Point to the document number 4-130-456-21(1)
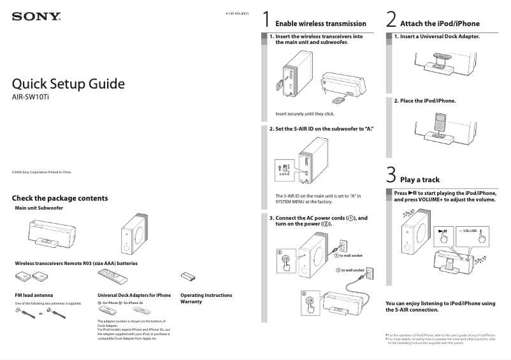[x=237, y=13]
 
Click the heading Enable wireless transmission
[x=320, y=24]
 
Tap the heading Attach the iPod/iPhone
[x=440, y=24]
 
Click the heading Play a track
[x=420, y=180]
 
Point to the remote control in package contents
[x=115, y=277]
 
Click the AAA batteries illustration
[x=188, y=277]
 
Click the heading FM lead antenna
[x=34, y=295]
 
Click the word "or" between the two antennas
[x=41, y=314]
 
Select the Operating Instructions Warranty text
[x=206, y=298]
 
